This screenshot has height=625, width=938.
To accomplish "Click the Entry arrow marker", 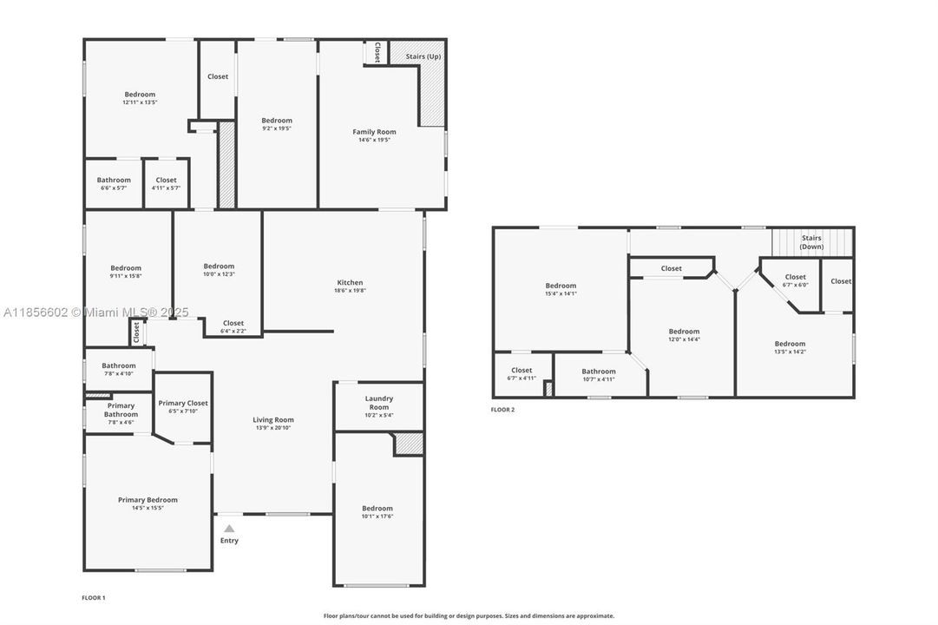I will [x=229, y=528].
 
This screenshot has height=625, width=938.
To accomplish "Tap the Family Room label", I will [x=374, y=132].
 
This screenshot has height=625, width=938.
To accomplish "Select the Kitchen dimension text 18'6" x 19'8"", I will [x=350, y=291].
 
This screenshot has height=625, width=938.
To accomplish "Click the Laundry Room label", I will [x=379, y=403].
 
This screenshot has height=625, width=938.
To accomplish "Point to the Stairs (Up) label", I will [x=423, y=56].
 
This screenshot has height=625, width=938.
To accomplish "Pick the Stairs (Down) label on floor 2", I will [x=811, y=242].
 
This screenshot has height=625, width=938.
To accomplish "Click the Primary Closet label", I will [x=183, y=403].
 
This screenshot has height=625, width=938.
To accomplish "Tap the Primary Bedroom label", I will [x=148, y=500].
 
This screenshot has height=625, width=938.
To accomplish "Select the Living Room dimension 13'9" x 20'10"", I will [x=273, y=428].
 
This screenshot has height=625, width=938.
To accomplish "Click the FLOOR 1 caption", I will [x=93, y=598].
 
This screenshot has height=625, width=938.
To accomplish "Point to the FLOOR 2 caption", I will [x=502, y=410].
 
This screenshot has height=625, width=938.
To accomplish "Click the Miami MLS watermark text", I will [x=95, y=312].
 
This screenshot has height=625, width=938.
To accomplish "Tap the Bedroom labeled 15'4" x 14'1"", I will [x=561, y=289].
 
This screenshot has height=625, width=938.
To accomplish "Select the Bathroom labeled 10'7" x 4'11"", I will [x=599, y=375].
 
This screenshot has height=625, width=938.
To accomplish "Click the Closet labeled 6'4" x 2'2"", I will [x=233, y=326].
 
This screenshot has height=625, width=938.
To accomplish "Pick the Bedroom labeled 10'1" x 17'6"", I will [x=377, y=512].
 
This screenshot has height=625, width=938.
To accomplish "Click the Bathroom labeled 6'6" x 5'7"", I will [x=114, y=183].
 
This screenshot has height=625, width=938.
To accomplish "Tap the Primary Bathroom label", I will [x=121, y=410].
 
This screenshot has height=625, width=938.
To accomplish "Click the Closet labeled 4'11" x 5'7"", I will [x=166, y=183].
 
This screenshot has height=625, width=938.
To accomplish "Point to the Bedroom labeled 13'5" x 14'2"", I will [x=790, y=347].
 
